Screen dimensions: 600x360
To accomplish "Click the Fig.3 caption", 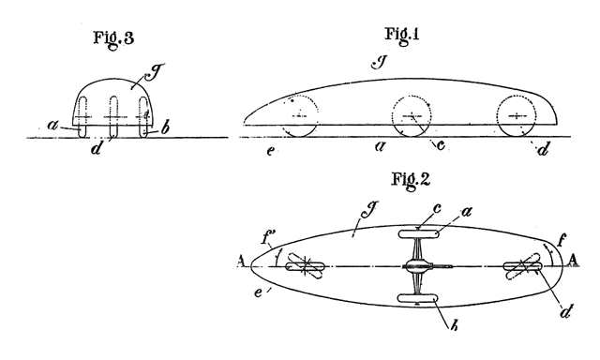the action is [x=114, y=39].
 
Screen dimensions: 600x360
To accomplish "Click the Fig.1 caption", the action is [x=402, y=36].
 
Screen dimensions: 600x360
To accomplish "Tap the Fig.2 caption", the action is [x=411, y=180].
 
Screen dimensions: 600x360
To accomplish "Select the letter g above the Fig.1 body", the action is [x=380, y=63].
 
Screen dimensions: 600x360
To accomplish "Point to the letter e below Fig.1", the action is [x=270, y=151].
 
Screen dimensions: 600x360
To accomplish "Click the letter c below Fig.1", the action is [x=441, y=145].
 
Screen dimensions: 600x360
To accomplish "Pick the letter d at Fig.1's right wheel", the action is [x=544, y=148].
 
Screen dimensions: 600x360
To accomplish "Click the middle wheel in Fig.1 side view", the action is [x=412, y=116].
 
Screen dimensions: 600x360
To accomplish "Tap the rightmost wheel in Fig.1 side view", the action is [x=517, y=116].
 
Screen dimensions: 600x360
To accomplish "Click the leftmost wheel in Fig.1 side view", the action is [x=300, y=116].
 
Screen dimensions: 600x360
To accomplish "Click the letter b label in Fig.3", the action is [x=165, y=128].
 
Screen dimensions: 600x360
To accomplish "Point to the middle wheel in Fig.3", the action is [x=113, y=116].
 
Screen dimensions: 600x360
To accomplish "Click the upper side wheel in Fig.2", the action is [x=418, y=234].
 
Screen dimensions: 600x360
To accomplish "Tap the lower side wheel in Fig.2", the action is [x=417, y=299].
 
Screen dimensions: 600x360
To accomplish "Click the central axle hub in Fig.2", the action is [x=417, y=266].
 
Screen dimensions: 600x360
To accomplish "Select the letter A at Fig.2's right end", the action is [x=573, y=260].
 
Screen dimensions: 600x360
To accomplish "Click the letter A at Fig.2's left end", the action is [x=241, y=262].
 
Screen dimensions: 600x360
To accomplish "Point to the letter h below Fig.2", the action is [x=454, y=326].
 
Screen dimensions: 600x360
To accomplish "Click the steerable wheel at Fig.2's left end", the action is [x=306, y=266].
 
